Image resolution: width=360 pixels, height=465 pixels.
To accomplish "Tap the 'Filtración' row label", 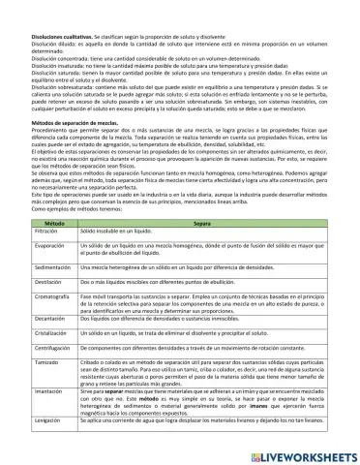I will (x=34, y=233).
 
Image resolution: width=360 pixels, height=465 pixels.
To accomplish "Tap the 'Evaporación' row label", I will (x=37, y=249).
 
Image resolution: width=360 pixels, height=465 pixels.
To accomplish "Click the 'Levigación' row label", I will (x=35, y=423).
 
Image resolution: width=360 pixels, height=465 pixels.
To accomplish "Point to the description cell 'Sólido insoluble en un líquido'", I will (x=135, y=233).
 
